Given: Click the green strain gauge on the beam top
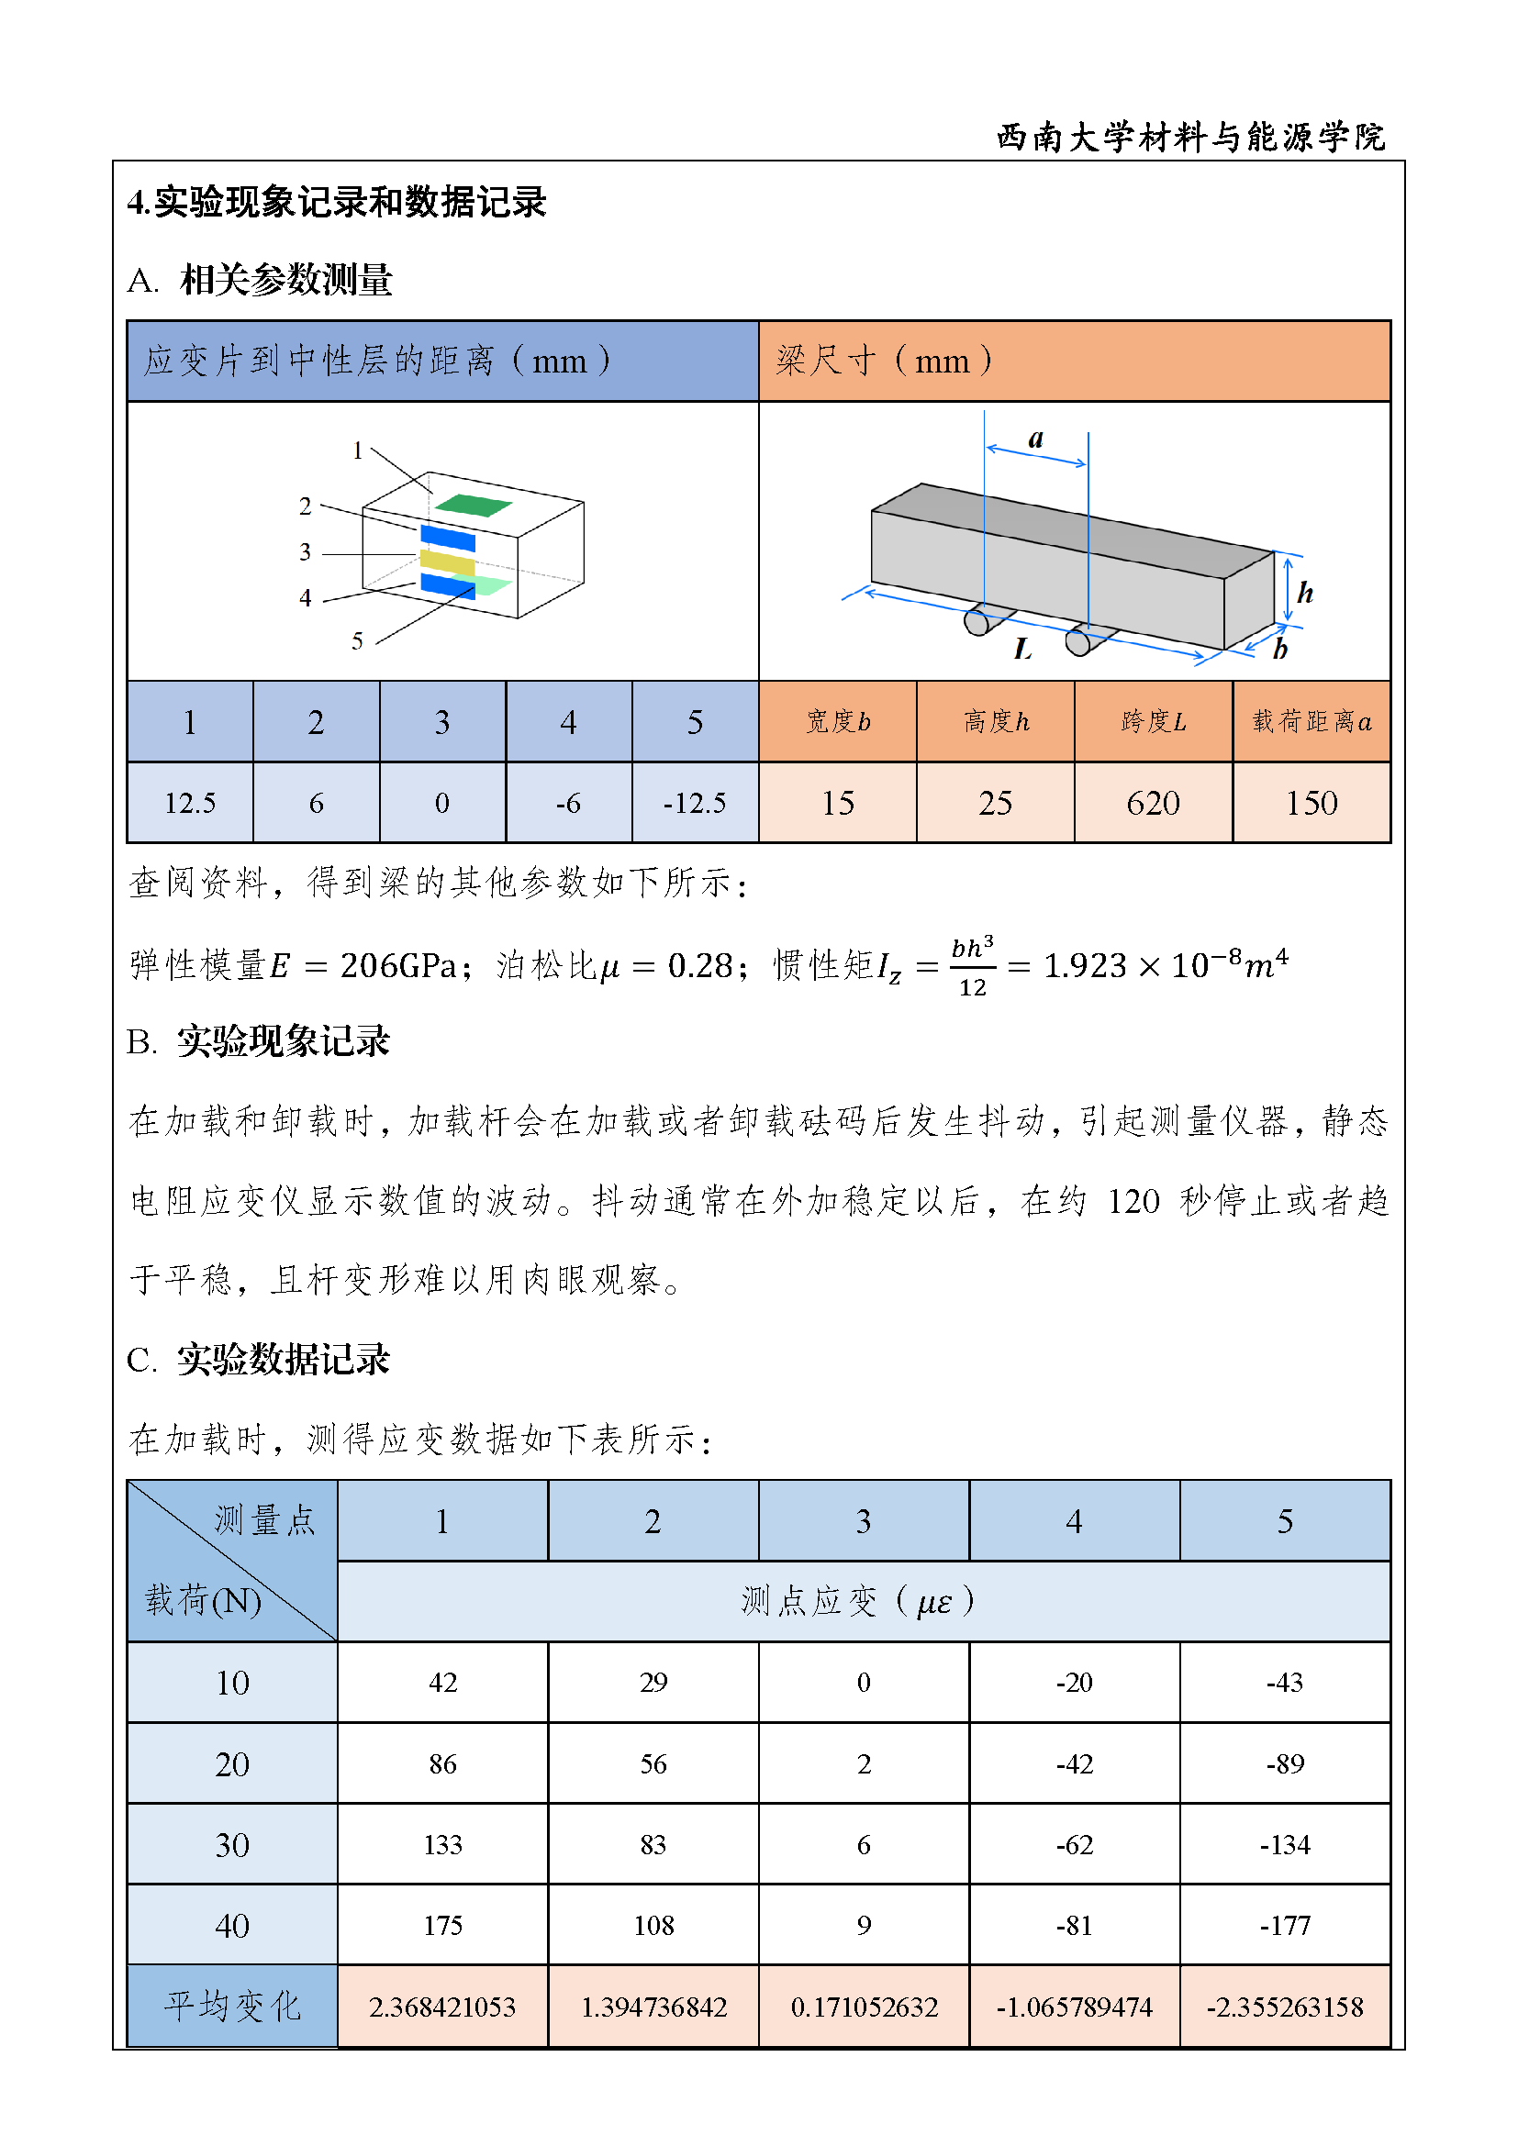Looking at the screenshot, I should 473,506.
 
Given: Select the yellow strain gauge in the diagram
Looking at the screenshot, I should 448,562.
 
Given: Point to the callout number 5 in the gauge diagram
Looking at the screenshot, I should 357,641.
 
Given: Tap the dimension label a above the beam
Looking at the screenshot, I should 1035,439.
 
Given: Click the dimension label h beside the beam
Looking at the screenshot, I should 1305,593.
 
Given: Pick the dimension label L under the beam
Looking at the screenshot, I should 1022,649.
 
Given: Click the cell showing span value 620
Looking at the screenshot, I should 1153,803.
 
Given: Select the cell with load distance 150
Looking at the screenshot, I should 1312,803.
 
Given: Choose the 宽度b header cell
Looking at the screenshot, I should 838,721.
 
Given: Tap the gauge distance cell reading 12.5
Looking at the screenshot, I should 190,803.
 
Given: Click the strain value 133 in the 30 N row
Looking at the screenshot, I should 442,1845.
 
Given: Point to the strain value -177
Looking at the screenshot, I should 1284,1926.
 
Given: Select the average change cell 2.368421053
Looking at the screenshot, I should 442,2007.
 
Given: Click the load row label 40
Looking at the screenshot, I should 232,1926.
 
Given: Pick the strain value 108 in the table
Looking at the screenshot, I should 653,1926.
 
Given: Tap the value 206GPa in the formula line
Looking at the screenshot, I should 397,965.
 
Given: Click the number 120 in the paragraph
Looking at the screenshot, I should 1133,1201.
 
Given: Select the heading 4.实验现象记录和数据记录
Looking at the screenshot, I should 337,202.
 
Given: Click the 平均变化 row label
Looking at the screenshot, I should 232,2007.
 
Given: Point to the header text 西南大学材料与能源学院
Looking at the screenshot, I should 1190,138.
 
